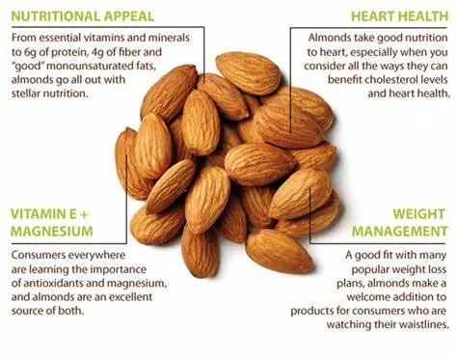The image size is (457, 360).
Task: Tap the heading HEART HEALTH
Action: [x=397, y=15]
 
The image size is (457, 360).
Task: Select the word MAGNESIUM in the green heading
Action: [x=52, y=232]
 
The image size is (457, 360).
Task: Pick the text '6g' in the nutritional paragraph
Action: [x=19, y=51]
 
